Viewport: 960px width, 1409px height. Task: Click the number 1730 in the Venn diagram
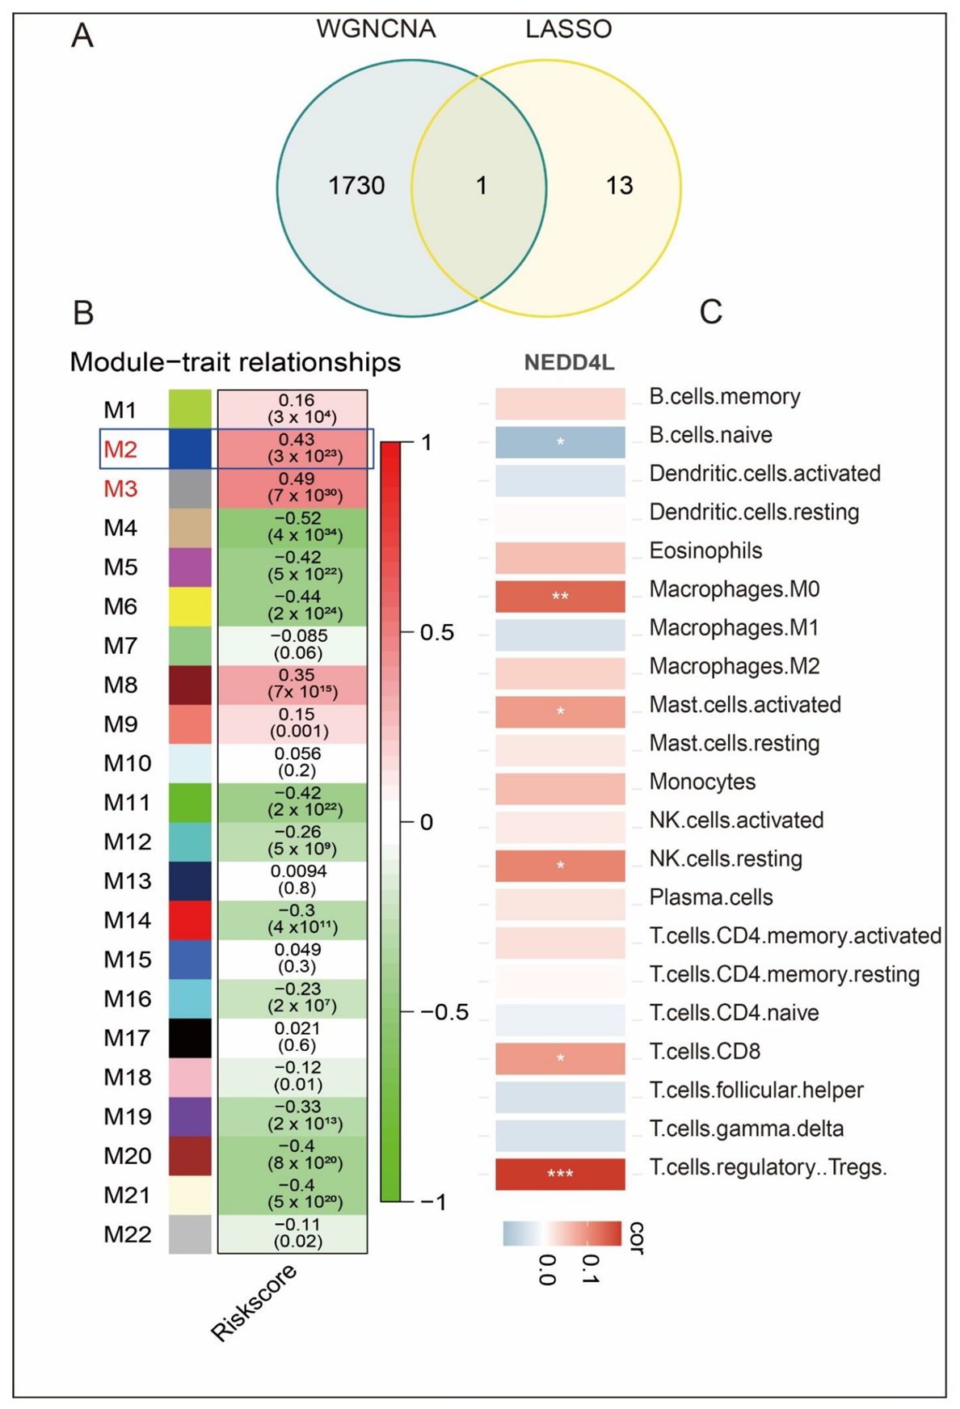tap(356, 186)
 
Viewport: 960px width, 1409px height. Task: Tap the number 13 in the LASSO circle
tap(619, 186)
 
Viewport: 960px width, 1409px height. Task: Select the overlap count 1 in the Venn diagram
tap(482, 186)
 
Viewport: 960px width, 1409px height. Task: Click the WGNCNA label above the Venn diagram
tap(376, 30)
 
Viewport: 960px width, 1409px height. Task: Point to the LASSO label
tap(568, 30)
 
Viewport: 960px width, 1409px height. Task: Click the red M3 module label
tap(120, 489)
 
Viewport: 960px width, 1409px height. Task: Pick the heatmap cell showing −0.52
tap(293, 527)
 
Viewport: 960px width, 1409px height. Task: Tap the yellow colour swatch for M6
tap(190, 606)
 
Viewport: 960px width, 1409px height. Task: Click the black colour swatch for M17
tap(190, 1038)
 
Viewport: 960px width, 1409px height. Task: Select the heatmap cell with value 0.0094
tap(293, 880)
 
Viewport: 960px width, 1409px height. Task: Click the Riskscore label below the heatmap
tap(254, 1302)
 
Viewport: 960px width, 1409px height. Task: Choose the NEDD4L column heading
tap(569, 363)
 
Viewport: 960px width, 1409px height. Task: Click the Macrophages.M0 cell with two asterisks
tap(560, 597)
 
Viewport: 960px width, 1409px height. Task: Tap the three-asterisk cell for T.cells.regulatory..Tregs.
tap(560, 1174)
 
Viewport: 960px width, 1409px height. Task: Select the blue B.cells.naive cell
tap(560, 442)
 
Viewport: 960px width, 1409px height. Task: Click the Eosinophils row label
tap(705, 551)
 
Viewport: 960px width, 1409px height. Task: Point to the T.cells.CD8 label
tap(705, 1052)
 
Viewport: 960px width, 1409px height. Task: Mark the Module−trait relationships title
tap(235, 362)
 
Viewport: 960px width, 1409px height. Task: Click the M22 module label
tap(128, 1234)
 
